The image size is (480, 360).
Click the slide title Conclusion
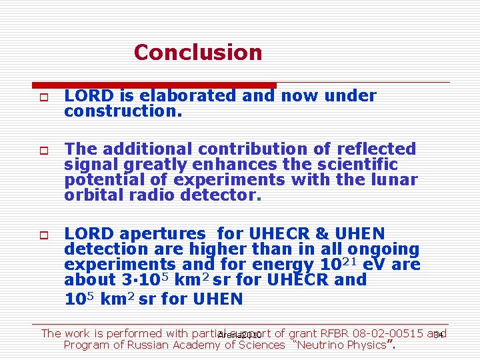point(198,52)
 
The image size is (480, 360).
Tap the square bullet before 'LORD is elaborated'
point(41,97)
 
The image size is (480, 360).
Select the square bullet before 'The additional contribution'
point(41,150)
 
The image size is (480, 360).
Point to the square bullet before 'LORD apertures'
point(41,235)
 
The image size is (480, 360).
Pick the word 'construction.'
point(123,111)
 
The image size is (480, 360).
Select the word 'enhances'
point(215,165)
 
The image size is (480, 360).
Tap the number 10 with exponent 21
point(329,265)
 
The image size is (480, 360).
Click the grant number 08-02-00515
point(389,333)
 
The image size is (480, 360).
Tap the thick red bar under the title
point(154,85)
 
